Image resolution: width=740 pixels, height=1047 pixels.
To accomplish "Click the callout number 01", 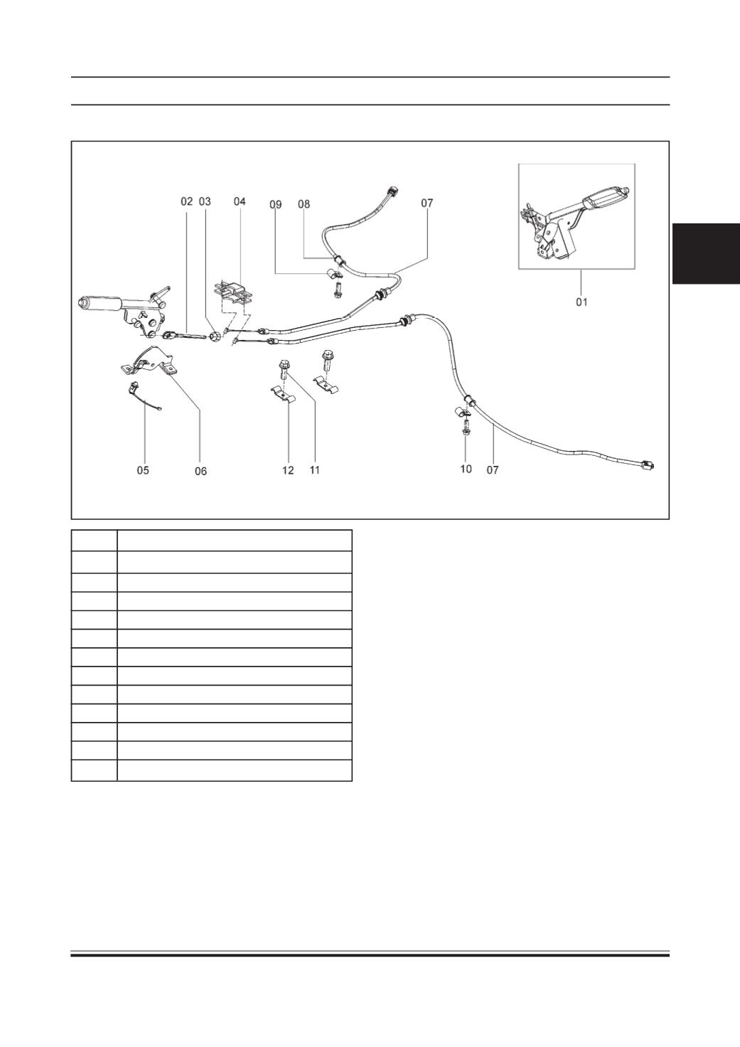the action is tap(581, 302).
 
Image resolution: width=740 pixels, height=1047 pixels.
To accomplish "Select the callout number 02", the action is tap(186, 201).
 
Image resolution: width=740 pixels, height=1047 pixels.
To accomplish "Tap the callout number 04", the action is tap(239, 201).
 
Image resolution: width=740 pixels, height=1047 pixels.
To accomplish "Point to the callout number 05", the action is tap(143, 470).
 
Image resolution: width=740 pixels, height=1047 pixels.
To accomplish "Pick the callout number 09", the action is tap(276, 204).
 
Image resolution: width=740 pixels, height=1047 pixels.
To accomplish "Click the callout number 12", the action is tap(288, 470).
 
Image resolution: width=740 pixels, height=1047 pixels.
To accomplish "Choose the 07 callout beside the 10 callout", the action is tap(493, 469).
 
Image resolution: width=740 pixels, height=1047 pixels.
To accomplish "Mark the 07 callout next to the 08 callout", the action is tap(427, 203).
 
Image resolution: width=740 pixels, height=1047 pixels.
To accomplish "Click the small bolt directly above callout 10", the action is tap(466, 428).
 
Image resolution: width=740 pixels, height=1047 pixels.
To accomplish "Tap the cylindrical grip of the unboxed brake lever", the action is tap(100, 303).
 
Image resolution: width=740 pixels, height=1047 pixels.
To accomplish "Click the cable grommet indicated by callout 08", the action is tap(339, 259).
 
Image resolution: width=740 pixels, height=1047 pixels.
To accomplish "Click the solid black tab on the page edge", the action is tap(706, 253).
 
